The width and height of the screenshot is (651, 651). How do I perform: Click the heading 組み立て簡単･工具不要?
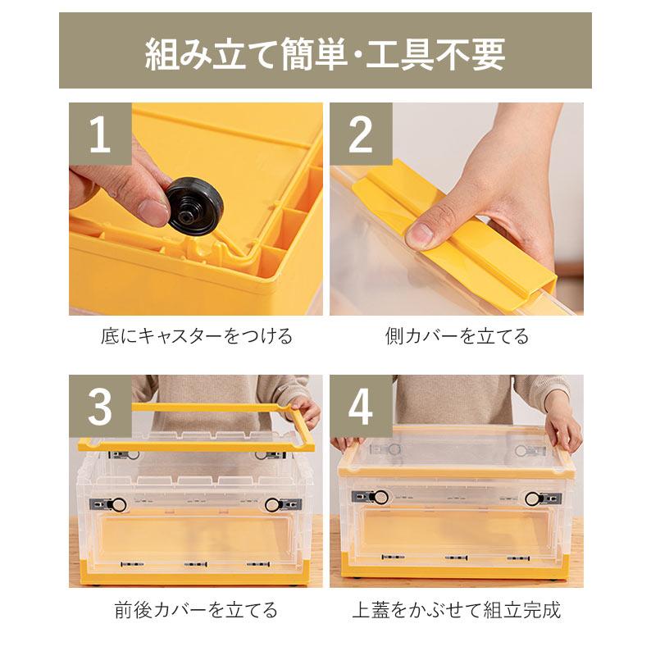click(325, 52)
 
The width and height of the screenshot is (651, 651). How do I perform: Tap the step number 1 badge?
click(99, 134)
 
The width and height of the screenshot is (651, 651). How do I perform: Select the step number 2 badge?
click(361, 134)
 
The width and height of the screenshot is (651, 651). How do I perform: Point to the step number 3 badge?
click(99, 407)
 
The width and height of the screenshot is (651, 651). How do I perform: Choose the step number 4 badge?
click(361, 407)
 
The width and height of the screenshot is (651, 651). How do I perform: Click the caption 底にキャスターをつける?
click(197, 336)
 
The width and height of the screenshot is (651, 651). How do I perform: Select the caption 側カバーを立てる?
click(457, 336)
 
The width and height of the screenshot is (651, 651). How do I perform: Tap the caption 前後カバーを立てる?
click(196, 610)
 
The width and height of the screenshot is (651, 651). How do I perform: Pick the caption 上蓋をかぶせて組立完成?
click(457, 610)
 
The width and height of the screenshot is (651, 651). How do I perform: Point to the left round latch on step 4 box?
click(380, 497)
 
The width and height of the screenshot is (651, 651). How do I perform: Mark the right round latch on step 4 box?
click(533, 498)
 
